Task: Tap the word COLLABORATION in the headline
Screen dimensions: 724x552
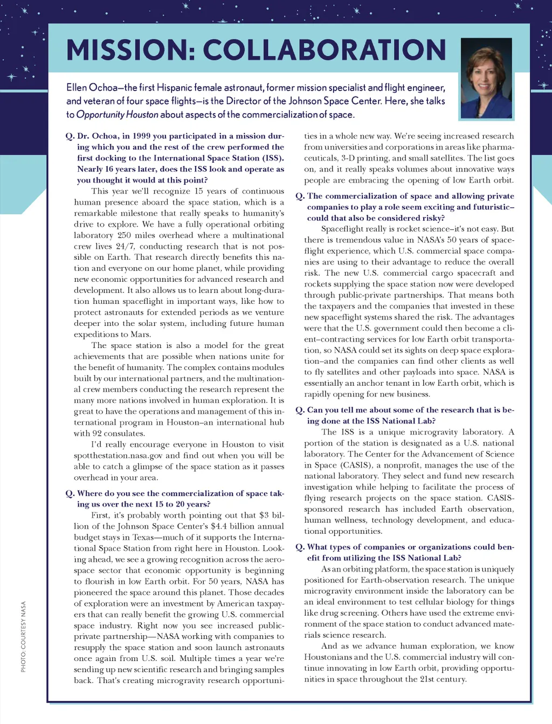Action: click(x=325, y=50)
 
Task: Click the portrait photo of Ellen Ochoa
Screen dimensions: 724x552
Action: click(x=486, y=79)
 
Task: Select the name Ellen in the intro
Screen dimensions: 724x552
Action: click(x=77, y=87)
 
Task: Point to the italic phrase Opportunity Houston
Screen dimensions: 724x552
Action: click(x=118, y=115)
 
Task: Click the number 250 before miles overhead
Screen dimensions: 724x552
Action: click(x=124, y=235)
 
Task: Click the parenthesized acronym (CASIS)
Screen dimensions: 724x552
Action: click(x=356, y=465)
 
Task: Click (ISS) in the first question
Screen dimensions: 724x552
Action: click(x=273, y=158)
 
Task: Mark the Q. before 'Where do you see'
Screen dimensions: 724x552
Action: click(x=70, y=493)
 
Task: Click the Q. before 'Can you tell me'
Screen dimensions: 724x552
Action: click(x=300, y=410)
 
